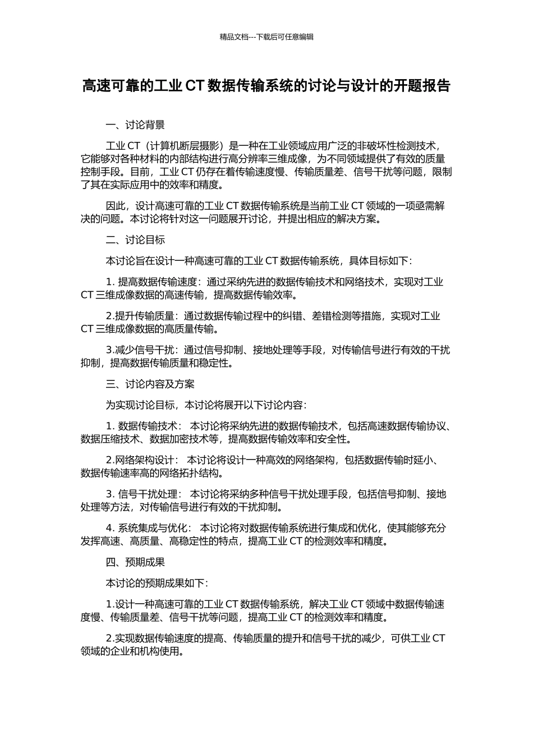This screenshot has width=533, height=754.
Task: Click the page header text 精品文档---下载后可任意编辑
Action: [x=266, y=37]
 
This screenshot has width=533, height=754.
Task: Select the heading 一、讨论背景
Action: [x=135, y=125]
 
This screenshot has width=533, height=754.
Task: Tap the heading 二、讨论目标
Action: [x=135, y=240]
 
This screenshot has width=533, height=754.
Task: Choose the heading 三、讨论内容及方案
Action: [x=150, y=384]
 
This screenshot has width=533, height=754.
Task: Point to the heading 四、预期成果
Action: [x=135, y=562]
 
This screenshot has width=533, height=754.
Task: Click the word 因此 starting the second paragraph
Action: [x=116, y=206]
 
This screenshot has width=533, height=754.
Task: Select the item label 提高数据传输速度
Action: [x=158, y=282]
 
